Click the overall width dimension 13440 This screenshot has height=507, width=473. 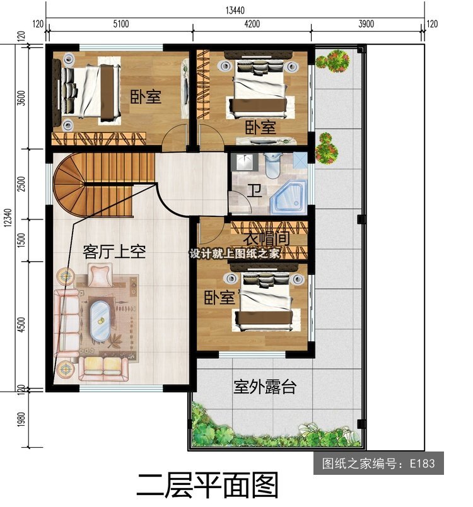pyautogui.click(x=235, y=10)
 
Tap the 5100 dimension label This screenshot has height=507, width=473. pyautogui.click(x=121, y=24)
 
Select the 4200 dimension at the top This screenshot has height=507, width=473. pyautogui.click(x=252, y=24)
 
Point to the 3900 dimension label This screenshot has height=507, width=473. pyautogui.click(x=366, y=24)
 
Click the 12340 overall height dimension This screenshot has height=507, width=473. pyautogui.click(x=8, y=218)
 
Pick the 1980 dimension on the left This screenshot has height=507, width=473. pyautogui.click(x=21, y=419)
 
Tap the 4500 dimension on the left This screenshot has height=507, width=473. pyautogui.click(x=21, y=325)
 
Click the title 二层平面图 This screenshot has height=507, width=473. pyautogui.click(x=207, y=486)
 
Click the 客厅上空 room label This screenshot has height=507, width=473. pyautogui.click(x=114, y=252)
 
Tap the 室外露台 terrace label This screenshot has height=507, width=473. pyautogui.click(x=264, y=387)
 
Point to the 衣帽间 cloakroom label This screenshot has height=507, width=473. pyautogui.click(x=266, y=239)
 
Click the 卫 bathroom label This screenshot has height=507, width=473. pyautogui.click(x=254, y=190)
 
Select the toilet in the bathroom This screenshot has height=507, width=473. pyautogui.click(x=273, y=166)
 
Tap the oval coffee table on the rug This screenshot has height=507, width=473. pyautogui.click(x=100, y=320)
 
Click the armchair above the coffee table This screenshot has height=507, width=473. pyautogui.click(x=100, y=275)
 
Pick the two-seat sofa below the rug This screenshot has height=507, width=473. pyautogui.click(x=103, y=369)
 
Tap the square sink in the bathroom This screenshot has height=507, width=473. pyautogui.click(x=247, y=161)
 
